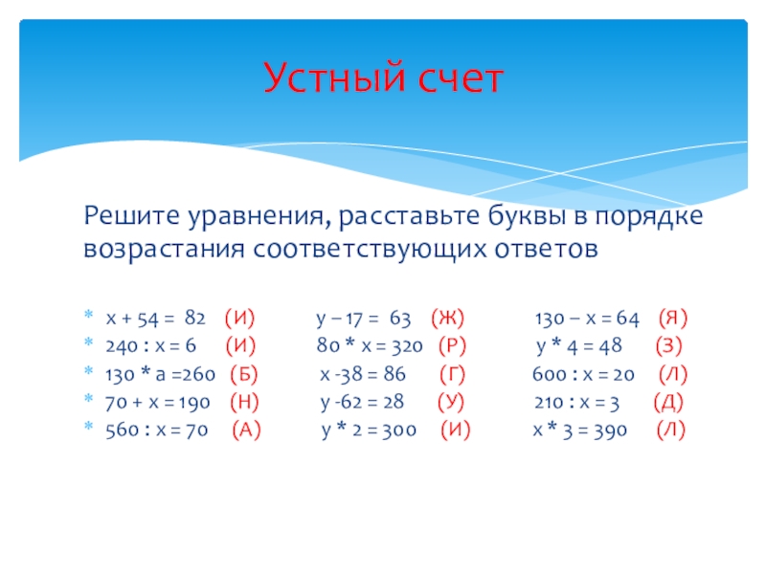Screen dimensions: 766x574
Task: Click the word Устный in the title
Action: pyautogui.click(x=334, y=77)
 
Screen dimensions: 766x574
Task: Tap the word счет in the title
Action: pyautogui.click(x=461, y=79)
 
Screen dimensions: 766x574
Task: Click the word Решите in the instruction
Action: pyautogui.click(x=132, y=215)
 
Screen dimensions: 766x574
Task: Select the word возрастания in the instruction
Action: pyautogui.click(x=164, y=249)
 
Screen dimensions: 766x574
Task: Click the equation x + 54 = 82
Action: pyautogui.click(x=156, y=319)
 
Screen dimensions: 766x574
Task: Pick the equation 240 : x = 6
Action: pyautogui.click(x=151, y=346)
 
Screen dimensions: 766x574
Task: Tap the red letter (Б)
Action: pyautogui.click(x=244, y=374)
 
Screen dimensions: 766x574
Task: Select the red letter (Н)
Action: pyautogui.click(x=244, y=402)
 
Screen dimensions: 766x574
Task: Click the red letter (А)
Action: pyautogui.click(x=246, y=430)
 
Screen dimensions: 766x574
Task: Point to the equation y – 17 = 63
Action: pyautogui.click(x=364, y=319)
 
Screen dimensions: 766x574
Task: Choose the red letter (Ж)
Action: pyautogui.click(x=447, y=319)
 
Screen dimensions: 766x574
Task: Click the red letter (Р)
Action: pyautogui.click(x=452, y=346)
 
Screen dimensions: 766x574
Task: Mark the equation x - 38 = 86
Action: pyautogui.click(x=363, y=374)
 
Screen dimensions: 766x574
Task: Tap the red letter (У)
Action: pyautogui.click(x=451, y=402)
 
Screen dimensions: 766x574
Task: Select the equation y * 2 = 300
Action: pyautogui.click(x=369, y=430)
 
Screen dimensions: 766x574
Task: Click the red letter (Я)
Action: pyautogui.click(x=673, y=319)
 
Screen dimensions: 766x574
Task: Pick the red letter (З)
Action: pyautogui.click(x=668, y=346)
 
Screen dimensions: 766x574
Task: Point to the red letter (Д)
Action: pyautogui.click(x=668, y=402)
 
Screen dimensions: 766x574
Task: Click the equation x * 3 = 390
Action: pyautogui.click(x=580, y=430)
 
